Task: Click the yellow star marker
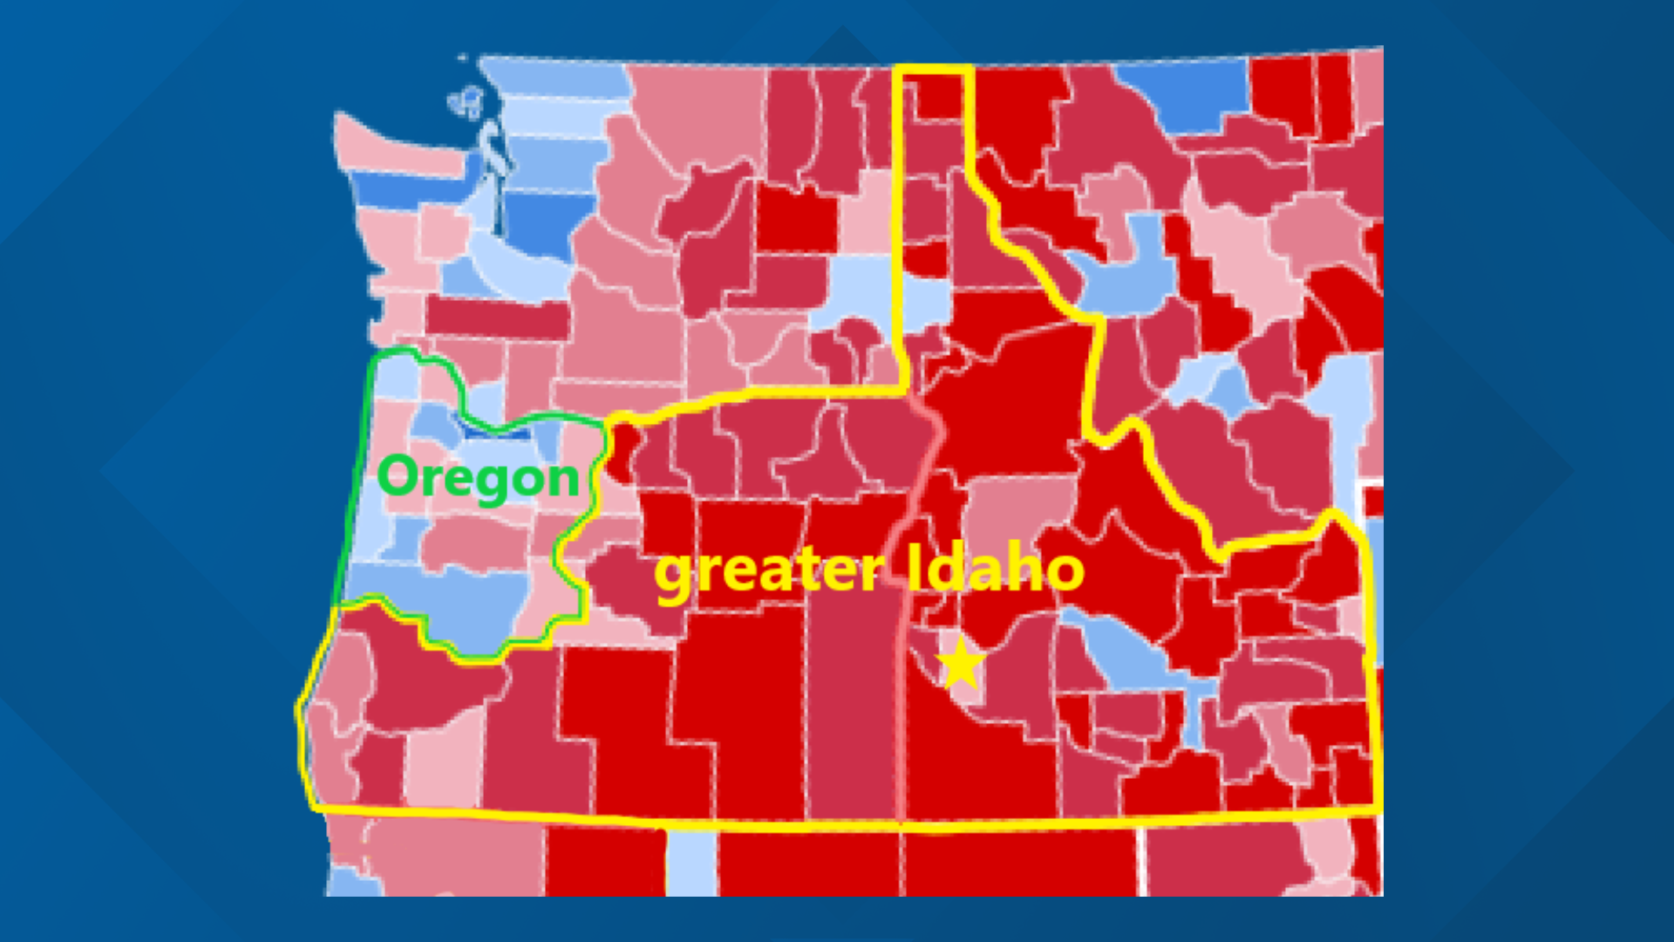point(961,664)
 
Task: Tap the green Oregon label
point(479,478)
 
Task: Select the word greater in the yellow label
point(767,572)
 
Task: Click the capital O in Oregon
point(398,476)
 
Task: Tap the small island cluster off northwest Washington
point(467,102)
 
